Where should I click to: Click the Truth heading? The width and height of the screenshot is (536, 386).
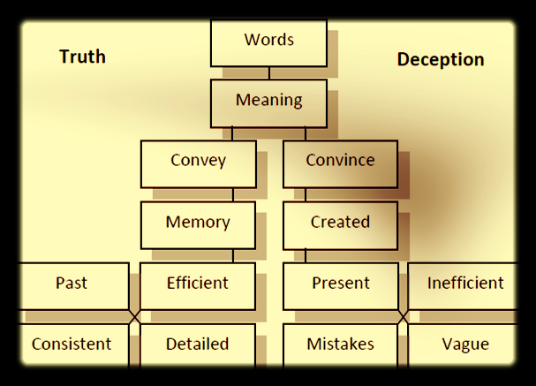[x=82, y=57]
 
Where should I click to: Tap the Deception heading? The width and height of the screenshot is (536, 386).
[x=440, y=59]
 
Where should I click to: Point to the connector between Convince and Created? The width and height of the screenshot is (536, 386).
[x=306, y=194]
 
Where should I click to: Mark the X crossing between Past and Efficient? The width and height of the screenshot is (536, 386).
[x=134, y=316]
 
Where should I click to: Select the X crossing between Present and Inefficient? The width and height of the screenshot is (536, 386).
[x=404, y=316]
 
